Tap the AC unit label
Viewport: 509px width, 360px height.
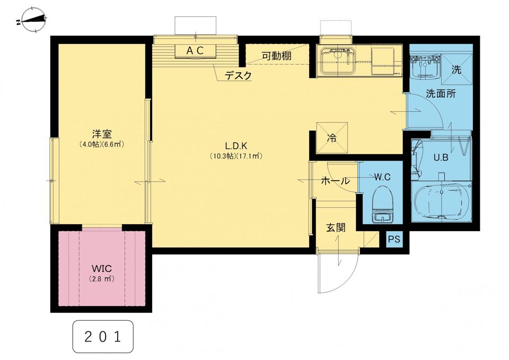coord(195,51)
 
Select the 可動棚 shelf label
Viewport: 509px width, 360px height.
coord(277,56)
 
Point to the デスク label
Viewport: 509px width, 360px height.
coord(238,76)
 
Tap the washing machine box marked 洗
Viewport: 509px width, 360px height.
coord(456,69)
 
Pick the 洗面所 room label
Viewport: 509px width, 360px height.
coord(441,94)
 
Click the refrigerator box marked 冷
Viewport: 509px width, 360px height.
coord(332,137)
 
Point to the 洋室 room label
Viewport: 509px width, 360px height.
coord(102,134)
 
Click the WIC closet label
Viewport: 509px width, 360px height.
coord(102,268)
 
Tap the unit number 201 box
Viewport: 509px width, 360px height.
coord(103,337)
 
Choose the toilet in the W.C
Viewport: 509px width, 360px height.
coord(383,204)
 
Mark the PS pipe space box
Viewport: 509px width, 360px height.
coord(394,239)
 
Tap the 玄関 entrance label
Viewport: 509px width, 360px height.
coord(336,227)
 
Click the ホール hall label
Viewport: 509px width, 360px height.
coord(335,180)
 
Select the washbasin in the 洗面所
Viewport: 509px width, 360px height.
coord(424,67)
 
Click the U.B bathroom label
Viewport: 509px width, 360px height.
coord(441,157)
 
